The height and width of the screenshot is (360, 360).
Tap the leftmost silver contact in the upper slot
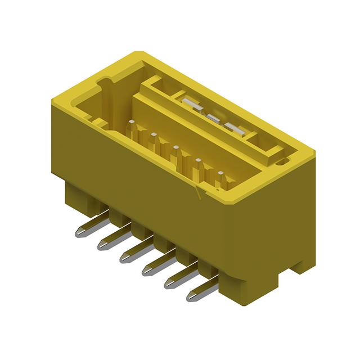point(190,104)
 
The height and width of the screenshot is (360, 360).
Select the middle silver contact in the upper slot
point(214,118)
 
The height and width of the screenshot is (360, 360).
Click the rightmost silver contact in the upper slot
point(236,130)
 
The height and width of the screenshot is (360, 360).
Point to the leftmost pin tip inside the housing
point(131,121)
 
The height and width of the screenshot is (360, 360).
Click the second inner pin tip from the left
point(153,135)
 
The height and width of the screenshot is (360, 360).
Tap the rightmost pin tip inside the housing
point(221,174)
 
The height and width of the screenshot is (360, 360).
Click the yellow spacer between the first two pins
point(116,217)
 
